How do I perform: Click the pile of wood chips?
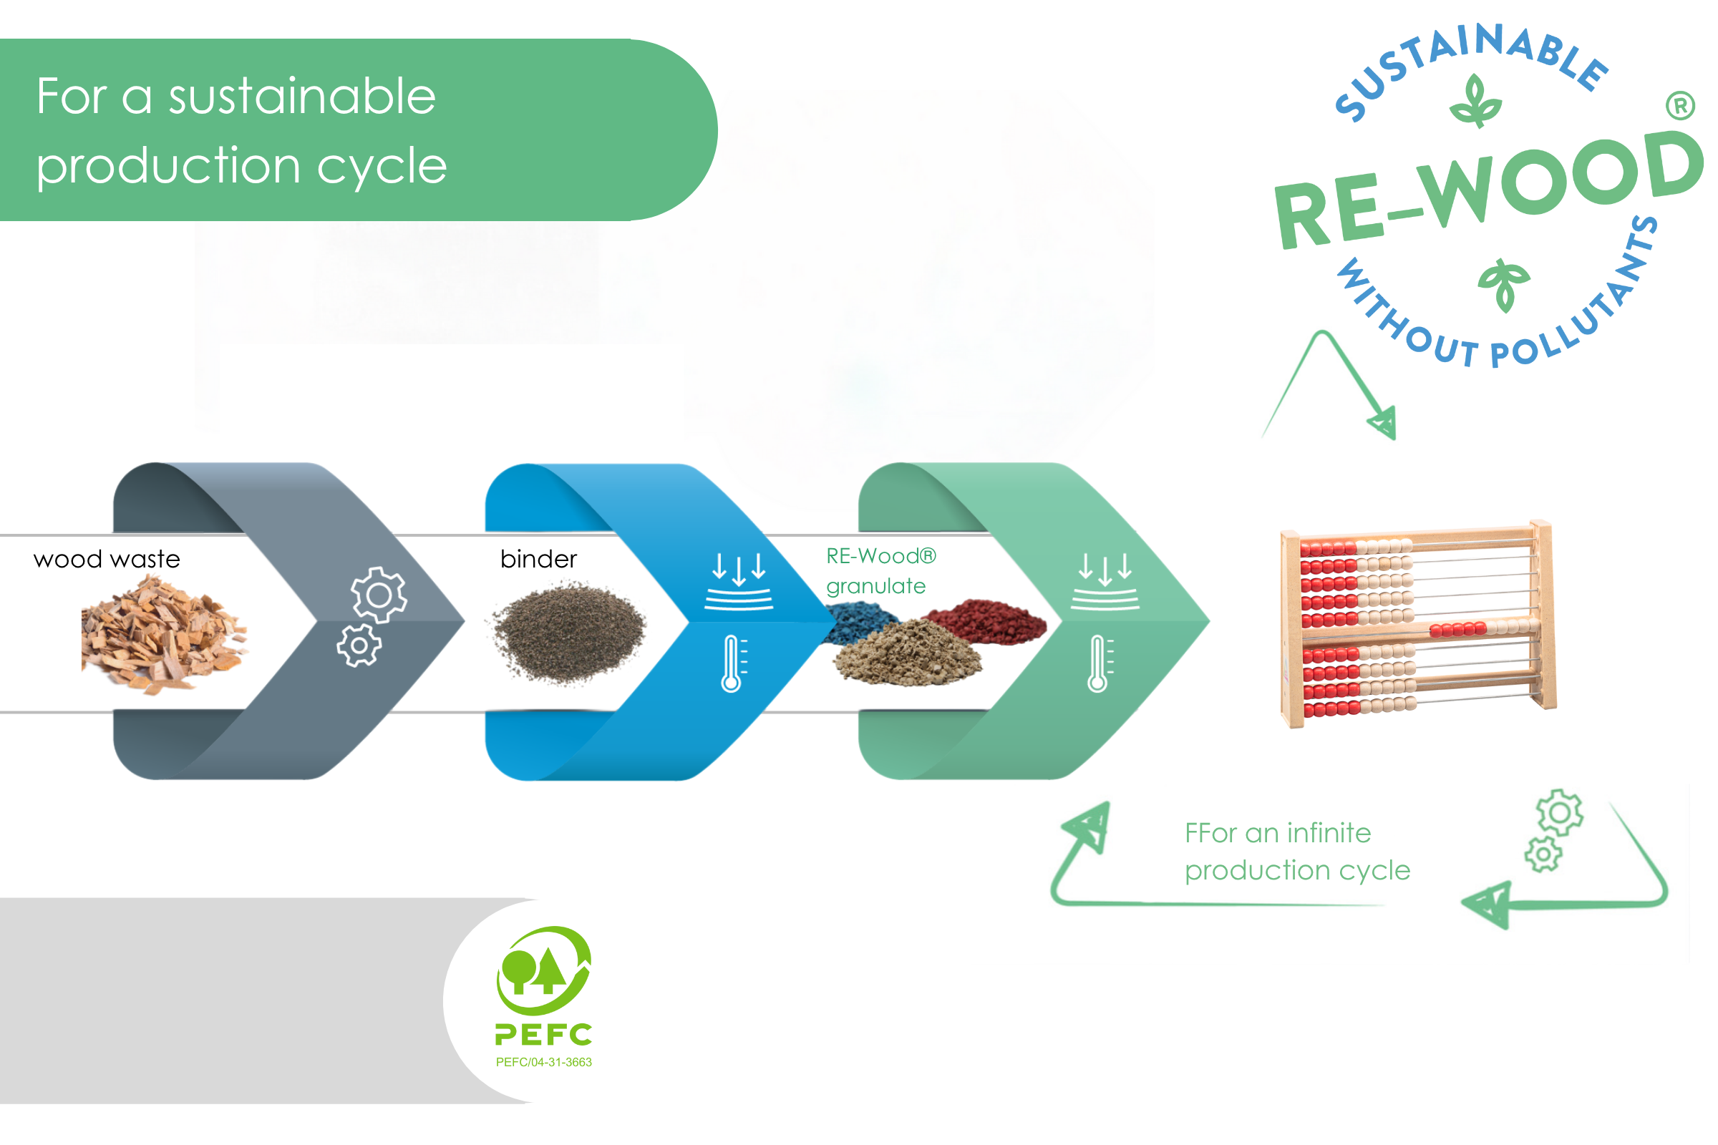pyautogui.click(x=165, y=634)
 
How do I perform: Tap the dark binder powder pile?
pyautogui.click(x=568, y=633)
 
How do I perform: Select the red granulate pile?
pyautogui.click(x=986, y=621)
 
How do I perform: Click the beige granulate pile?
pyautogui.click(x=908, y=652)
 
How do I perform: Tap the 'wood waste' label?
pyautogui.click(x=107, y=560)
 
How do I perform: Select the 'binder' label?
pyautogui.click(x=538, y=560)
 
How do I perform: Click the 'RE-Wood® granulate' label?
pyautogui.click(x=881, y=571)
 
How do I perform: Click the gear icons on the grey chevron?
pyautogui.click(x=371, y=617)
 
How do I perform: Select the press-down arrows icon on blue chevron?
pyautogui.click(x=739, y=581)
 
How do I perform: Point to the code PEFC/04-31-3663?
pyautogui.click(x=543, y=1063)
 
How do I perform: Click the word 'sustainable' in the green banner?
pyautogui.click(x=302, y=97)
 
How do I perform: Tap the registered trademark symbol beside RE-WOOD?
pyautogui.click(x=1681, y=106)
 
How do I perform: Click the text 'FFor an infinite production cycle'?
pyautogui.click(x=1297, y=852)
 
